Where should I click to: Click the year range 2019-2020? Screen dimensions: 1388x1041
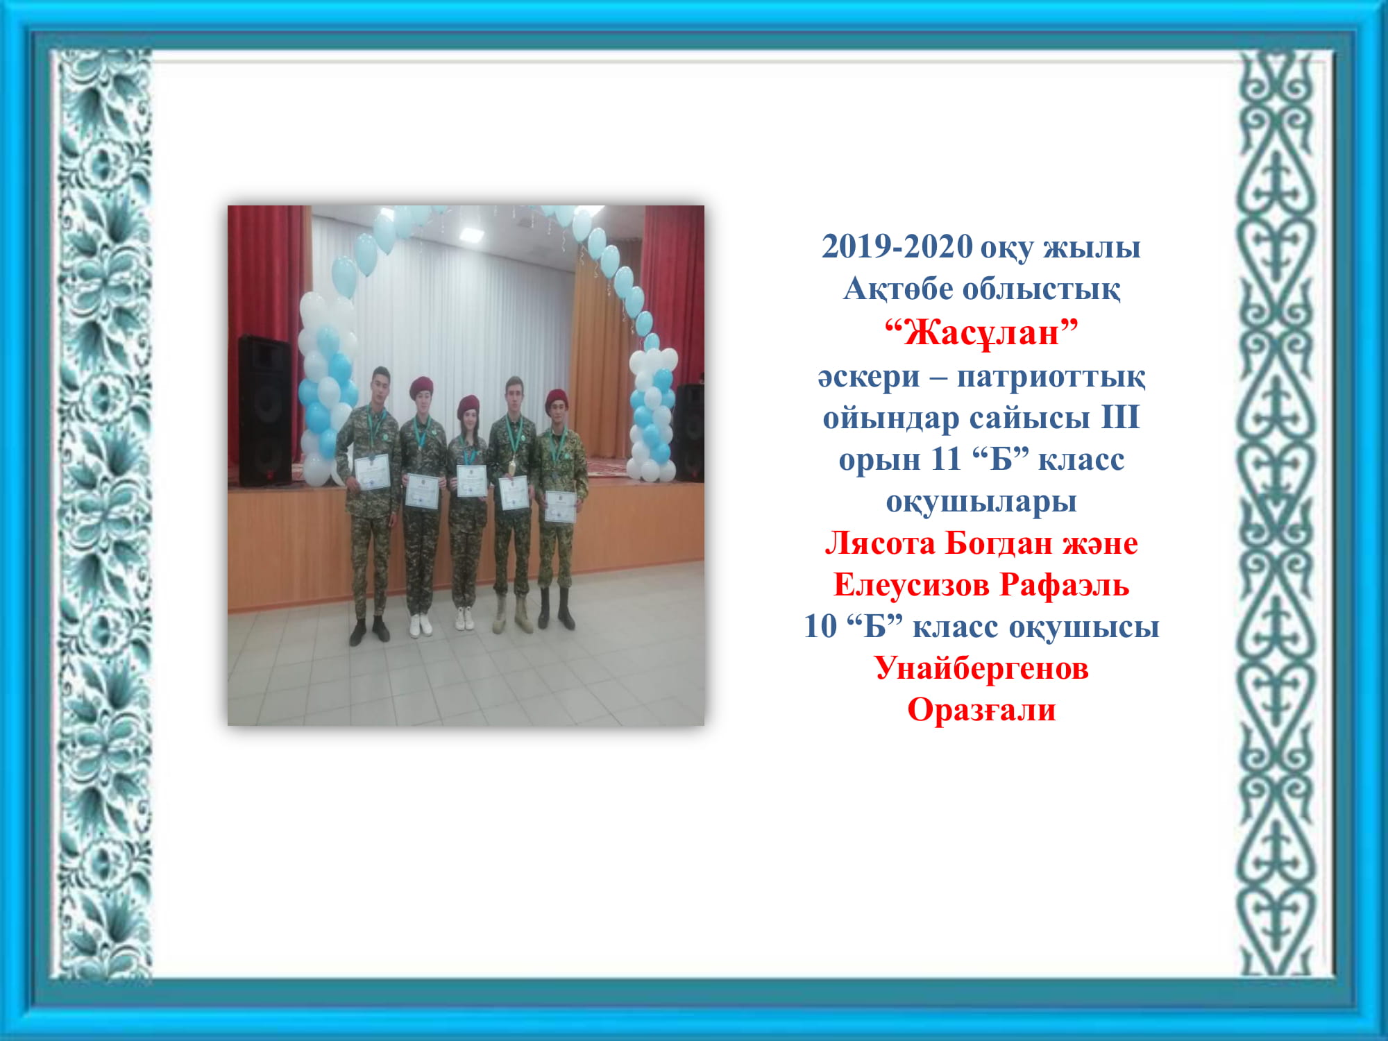coord(897,246)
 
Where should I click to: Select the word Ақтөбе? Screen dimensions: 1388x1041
coord(898,289)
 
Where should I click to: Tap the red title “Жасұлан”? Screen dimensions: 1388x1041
coord(981,332)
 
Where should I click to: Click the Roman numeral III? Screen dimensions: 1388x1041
coord(1120,417)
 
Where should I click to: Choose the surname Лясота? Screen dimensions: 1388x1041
coord(880,543)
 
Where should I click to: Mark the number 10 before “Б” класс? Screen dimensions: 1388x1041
coord(820,626)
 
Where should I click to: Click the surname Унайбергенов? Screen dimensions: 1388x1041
coord(981,668)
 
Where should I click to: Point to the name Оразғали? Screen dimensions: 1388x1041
coord(981,710)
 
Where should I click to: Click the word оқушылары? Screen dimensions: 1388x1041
coord(981,502)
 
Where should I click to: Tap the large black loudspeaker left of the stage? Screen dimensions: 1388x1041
coord(265,411)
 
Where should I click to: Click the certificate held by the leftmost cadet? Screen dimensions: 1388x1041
coord(373,473)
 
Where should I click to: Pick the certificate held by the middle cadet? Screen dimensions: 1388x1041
coord(471,481)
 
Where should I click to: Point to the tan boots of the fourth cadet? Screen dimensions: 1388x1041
coord(512,615)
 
